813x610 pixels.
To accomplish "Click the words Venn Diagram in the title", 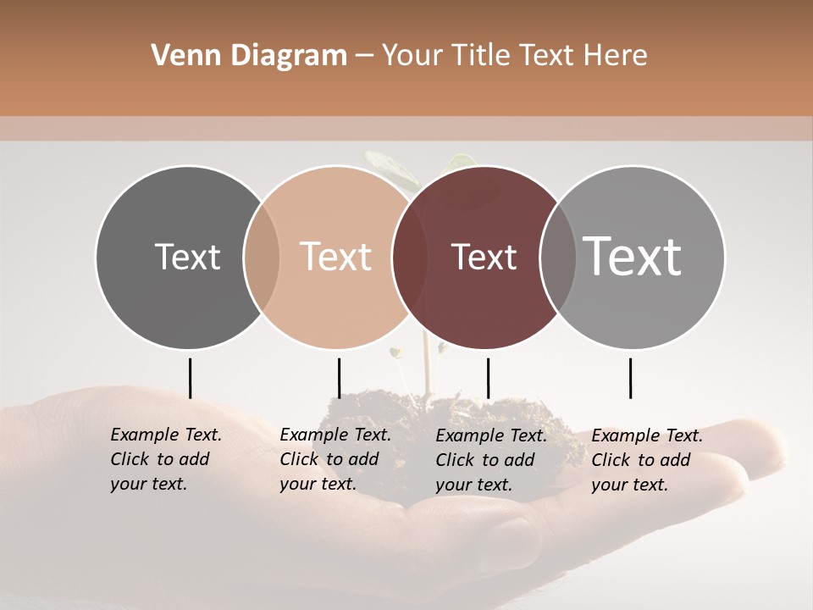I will [249, 56].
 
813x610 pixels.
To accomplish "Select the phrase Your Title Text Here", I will [514, 56].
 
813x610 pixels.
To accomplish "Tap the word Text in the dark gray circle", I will [187, 257].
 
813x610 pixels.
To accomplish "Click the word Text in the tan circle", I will [336, 257].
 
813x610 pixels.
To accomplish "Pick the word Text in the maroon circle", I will [484, 257].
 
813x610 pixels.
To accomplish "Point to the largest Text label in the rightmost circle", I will [632, 256].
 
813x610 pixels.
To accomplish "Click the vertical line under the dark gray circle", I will [190, 378].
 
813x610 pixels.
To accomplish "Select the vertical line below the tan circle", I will [339, 378].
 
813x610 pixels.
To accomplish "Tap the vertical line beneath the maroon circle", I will [488, 378].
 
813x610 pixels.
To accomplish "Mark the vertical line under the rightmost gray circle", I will [630, 378].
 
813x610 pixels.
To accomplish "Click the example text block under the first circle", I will [166, 459].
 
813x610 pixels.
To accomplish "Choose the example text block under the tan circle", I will [335, 459].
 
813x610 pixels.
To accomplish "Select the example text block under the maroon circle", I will [491, 459].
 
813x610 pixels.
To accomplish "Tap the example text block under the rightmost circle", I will [647, 459].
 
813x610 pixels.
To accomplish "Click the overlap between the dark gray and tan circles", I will [262, 257].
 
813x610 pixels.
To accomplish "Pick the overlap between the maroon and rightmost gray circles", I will [557, 257].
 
